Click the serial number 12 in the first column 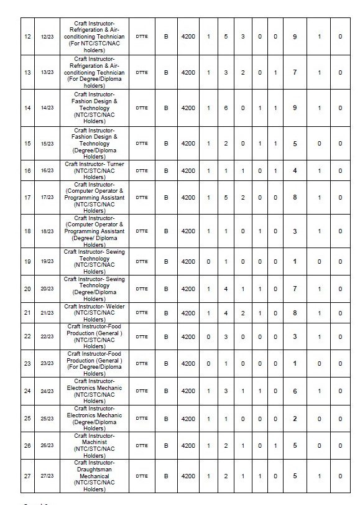point(27,37)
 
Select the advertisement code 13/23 point(47,72)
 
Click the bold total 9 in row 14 point(295,108)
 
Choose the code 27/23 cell point(47,476)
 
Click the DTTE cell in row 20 point(141,289)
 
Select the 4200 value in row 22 point(188,336)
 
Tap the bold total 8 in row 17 point(295,197)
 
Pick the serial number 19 point(27,262)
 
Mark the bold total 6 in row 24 point(295,391)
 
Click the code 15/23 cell point(47,143)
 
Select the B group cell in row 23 point(166,363)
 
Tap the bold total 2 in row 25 point(295,419)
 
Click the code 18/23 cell point(47,231)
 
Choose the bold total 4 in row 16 point(295,170)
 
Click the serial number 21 point(27,313)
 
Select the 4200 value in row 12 point(188,37)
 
